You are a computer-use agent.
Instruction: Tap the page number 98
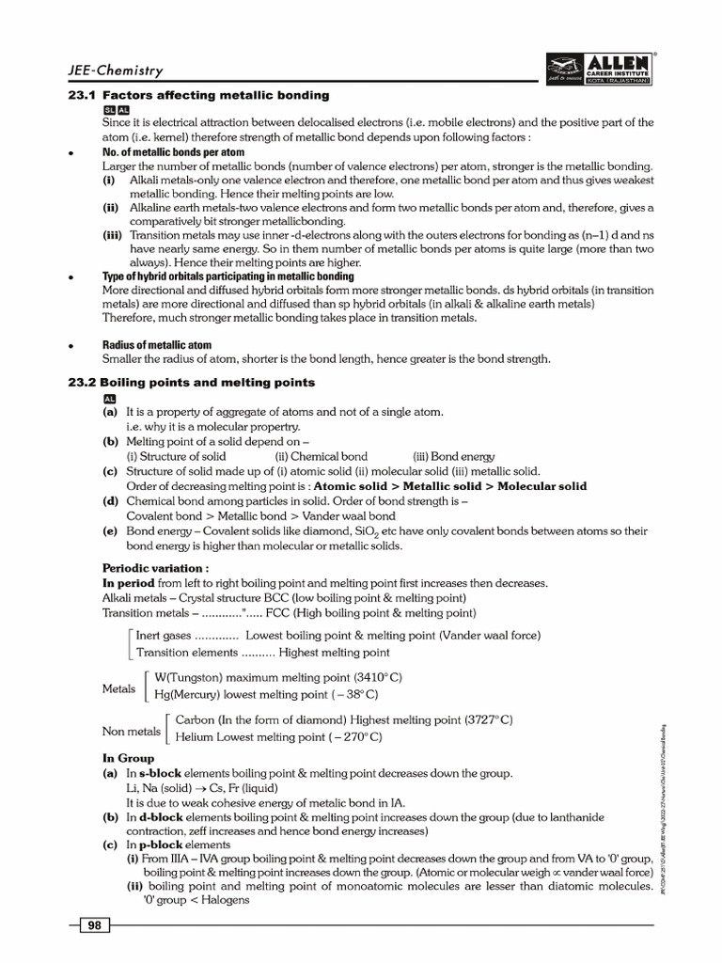click(x=94, y=925)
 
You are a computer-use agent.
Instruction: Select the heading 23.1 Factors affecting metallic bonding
click(x=215, y=95)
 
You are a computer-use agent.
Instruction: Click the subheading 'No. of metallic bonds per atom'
click(x=173, y=151)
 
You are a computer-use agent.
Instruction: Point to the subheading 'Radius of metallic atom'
click(x=156, y=345)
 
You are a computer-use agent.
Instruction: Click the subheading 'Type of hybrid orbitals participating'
click(x=228, y=276)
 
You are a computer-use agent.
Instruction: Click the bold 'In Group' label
click(x=128, y=758)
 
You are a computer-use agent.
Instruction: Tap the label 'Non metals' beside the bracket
click(x=131, y=730)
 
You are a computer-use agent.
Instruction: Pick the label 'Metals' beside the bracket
click(x=118, y=687)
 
